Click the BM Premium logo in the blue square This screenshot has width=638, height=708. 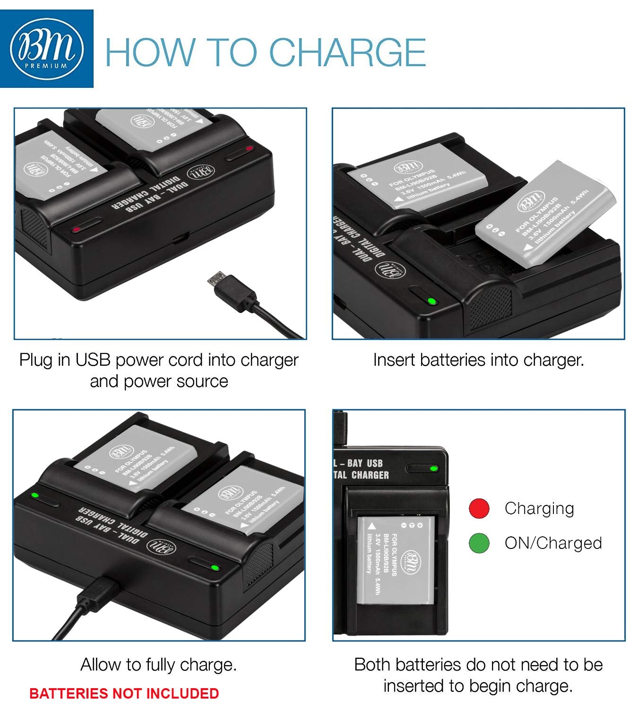[46, 49]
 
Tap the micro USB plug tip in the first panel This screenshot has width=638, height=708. [216, 278]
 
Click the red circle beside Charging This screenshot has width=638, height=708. [479, 508]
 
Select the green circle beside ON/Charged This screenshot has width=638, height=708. [479, 543]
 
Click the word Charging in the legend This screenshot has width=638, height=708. [539, 508]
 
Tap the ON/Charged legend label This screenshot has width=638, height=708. [553, 543]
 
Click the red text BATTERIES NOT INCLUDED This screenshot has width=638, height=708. [124, 693]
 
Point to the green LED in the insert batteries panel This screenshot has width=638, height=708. [431, 301]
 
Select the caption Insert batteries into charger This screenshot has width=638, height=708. [478, 360]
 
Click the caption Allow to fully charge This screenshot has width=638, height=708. [158, 665]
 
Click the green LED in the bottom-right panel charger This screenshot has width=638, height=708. [433, 469]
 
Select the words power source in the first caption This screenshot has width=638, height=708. [176, 381]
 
